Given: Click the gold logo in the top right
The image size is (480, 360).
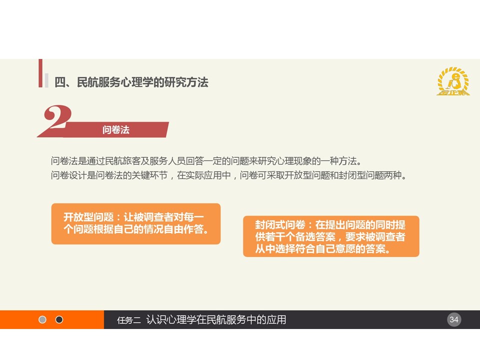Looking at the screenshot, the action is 453,81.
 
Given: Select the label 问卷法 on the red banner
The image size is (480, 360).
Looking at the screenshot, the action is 115,130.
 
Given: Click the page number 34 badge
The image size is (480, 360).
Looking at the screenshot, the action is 454,319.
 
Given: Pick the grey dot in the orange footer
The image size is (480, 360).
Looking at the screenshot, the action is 42,319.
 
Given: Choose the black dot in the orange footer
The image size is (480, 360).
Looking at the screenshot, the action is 59,319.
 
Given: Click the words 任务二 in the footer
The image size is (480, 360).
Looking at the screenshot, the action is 129,320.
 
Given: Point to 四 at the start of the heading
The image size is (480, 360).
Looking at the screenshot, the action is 60,82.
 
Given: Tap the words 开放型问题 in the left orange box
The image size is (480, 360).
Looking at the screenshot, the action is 88,217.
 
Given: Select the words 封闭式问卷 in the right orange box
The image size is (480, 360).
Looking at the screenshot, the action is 280,225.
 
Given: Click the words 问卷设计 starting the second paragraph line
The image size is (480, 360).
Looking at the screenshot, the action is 68,175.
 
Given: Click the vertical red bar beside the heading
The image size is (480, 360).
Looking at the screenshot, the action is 40,73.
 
